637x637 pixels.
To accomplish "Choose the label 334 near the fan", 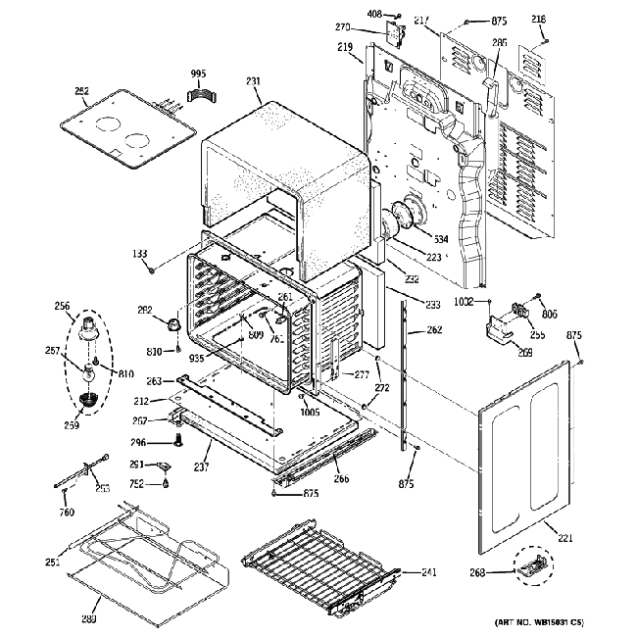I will [x=441, y=239].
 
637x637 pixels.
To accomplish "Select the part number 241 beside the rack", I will [x=428, y=572].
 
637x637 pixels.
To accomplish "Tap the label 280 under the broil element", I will [x=88, y=617].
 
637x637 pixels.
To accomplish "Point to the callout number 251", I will [x=52, y=562].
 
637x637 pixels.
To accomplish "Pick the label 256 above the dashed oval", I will [x=63, y=306].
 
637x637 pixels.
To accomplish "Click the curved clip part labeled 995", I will [x=201, y=94].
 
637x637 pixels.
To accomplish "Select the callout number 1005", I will [x=311, y=412].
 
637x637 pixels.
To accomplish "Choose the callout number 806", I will [x=548, y=314].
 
